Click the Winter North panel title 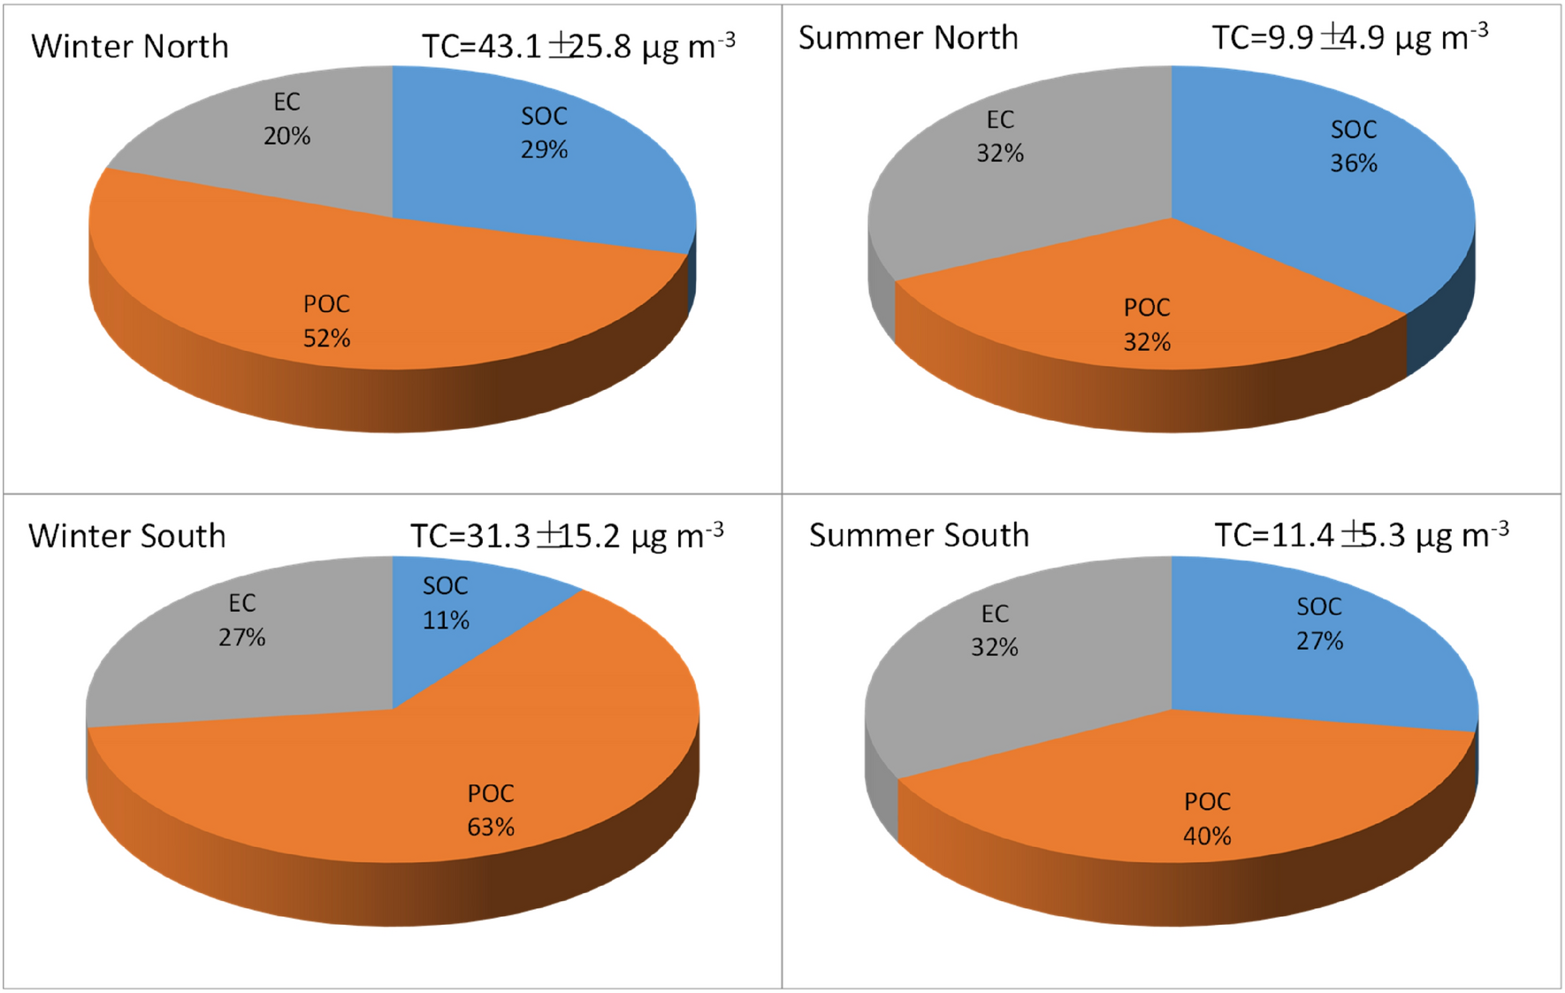click(130, 46)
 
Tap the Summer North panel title click(908, 38)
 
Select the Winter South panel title click(127, 536)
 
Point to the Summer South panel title click(919, 535)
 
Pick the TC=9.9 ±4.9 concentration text click(1349, 38)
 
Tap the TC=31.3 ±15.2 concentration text click(567, 536)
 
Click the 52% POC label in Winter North click(326, 322)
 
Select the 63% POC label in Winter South click(491, 811)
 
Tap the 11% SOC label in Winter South click(445, 603)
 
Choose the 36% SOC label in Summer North click(1354, 147)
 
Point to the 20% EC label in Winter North click(286, 119)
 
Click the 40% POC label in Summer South click(1207, 819)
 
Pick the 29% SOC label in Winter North click(544, 133)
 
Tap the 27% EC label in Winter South click(241, 621)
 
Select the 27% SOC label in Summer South click(1319, 623)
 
